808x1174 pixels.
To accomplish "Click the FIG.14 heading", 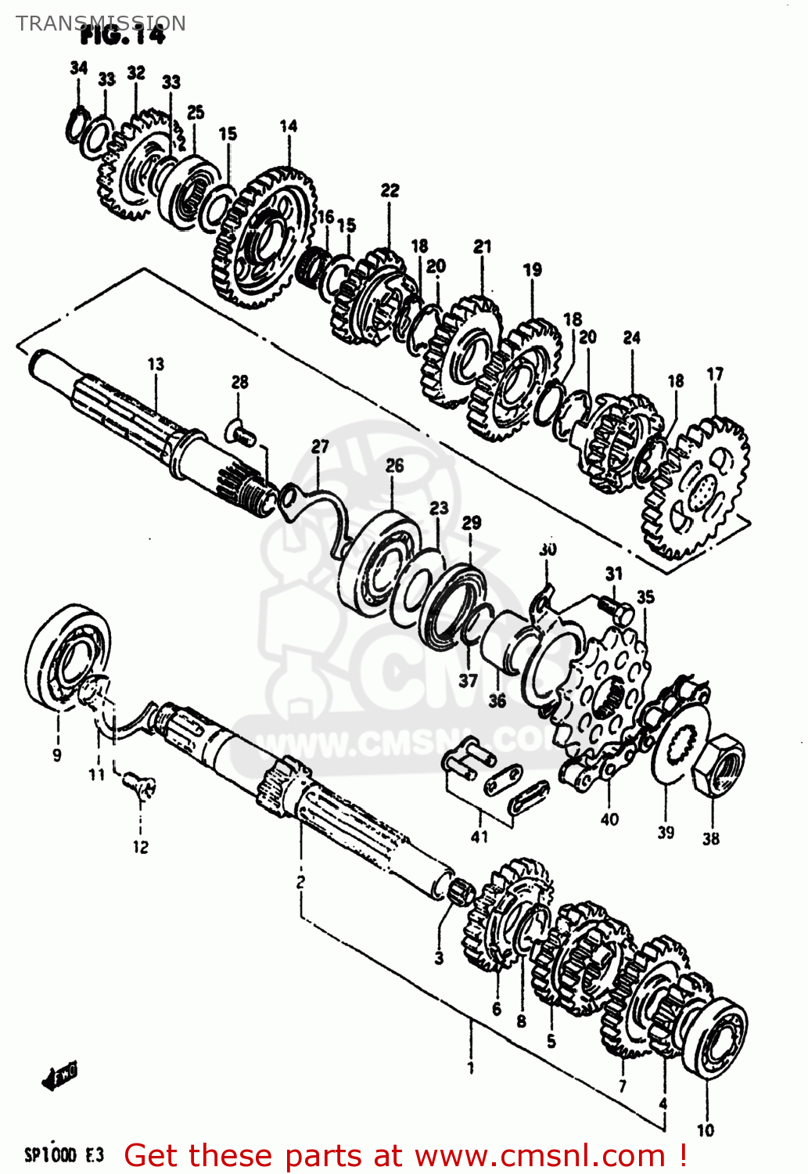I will tap(123, 36).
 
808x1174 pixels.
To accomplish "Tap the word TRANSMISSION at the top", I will tap(101, 23).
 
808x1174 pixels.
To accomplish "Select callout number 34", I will tap(78, 68).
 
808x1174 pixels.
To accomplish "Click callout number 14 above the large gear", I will tap(288, 125).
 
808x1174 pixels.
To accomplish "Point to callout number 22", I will tap(390, 190).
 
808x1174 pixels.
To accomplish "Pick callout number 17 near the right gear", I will tap(715, 374).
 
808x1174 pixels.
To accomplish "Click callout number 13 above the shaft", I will tap(156, 364).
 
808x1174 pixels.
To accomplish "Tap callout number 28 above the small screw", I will tap(239, 382).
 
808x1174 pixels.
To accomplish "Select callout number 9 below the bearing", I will tap(56, 755).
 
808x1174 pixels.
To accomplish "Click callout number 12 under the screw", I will tap(140, 847).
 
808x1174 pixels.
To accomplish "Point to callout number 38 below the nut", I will tap(710, 839).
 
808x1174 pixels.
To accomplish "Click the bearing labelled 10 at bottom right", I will tap(714, 1037).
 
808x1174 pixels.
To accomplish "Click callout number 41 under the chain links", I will tap(479, 837).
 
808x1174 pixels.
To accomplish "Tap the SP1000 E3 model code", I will tap(63, 1154).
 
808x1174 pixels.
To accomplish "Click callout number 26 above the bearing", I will tap(394, 466).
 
